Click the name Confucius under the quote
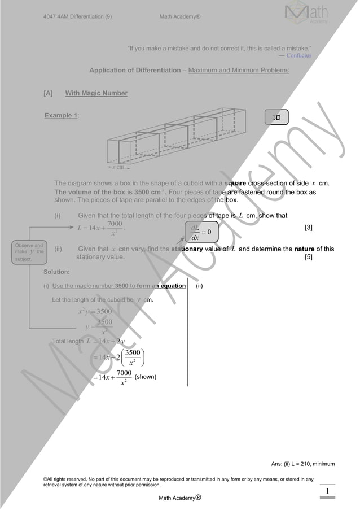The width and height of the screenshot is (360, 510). click(x=298, y=55)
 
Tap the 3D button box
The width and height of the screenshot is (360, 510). click(x=276, y=117)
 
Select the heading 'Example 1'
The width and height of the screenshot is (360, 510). click(x=61, y=116)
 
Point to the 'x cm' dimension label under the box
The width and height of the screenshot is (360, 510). click(x=117, y=167)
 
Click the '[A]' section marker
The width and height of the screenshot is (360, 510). click(x=48, y=93)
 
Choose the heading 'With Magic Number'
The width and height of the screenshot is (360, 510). click(x=96, y=93)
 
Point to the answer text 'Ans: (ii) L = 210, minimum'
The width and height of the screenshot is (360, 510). click(x=303, y=464)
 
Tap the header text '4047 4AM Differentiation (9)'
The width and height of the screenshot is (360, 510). click(x=77, y=16)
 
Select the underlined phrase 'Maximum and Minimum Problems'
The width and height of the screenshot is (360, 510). click(x=238, y=71)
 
